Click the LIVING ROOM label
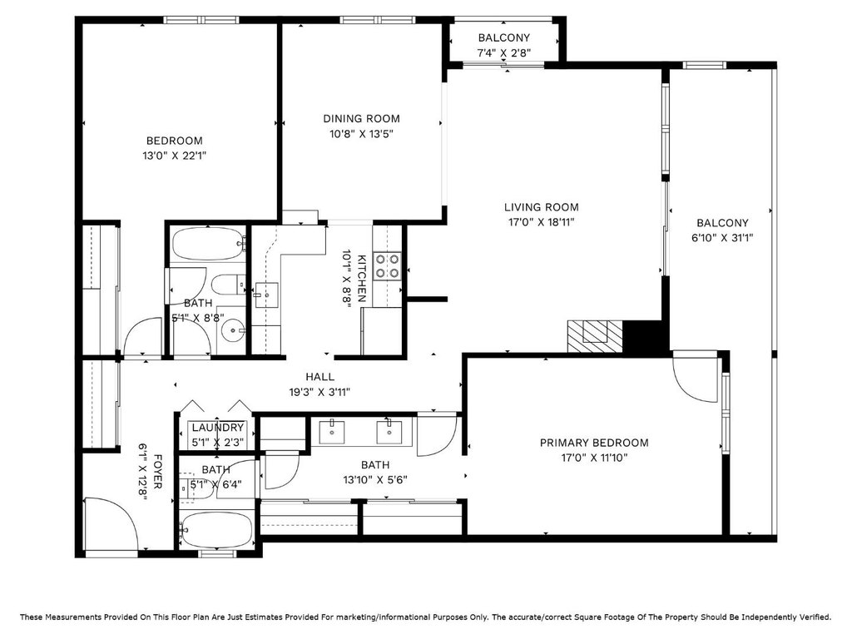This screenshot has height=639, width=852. [x=541, y=207]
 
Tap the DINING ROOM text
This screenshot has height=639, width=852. [x=361, y=118]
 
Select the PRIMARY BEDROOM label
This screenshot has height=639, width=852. [x=594, y=443]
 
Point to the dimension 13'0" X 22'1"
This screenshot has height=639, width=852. [x=175, y=156]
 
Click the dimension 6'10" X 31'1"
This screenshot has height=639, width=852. [x=722, y=237]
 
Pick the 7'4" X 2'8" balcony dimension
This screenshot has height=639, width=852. [x=503, y=52]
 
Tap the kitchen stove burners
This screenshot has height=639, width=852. [x=388, y=266]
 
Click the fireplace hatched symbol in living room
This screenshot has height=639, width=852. [x=594, y=336]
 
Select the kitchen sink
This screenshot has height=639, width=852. [x=266, y=295]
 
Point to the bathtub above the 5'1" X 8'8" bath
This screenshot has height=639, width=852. [x=207, y=244]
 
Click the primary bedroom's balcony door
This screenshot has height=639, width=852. [x=697, y=377]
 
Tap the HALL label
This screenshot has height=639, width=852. [x=319, y=377]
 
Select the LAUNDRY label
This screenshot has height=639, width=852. [x=217, y=428]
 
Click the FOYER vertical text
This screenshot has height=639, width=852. [x=157, y=471]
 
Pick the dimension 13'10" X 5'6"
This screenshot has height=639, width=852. [x=375, y=480]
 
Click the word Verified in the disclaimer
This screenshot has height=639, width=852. [x=813, y=617]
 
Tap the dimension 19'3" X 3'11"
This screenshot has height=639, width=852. [x=319, y=392]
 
